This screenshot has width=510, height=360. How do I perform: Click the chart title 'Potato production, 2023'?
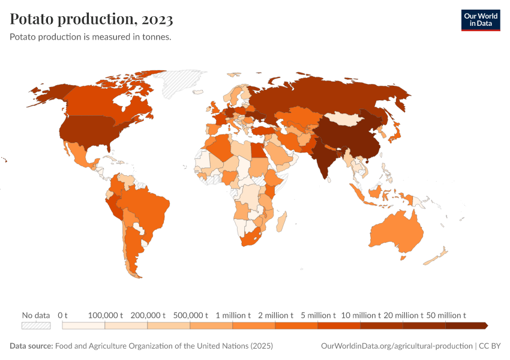(92, 19)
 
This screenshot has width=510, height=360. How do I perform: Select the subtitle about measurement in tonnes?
(91, 37)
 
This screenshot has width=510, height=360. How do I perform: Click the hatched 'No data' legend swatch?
(35, 325)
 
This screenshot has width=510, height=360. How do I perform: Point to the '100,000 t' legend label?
(105, 315)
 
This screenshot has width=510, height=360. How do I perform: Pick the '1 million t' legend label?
(233, 315)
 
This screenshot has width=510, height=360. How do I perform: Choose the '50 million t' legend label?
(446, 315)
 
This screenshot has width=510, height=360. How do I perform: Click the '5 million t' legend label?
(318, 315)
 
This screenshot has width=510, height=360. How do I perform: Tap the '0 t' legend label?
(62, 315)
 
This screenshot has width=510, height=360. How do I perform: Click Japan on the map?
(397, 133)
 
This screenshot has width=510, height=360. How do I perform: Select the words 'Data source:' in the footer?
(31, 346)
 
